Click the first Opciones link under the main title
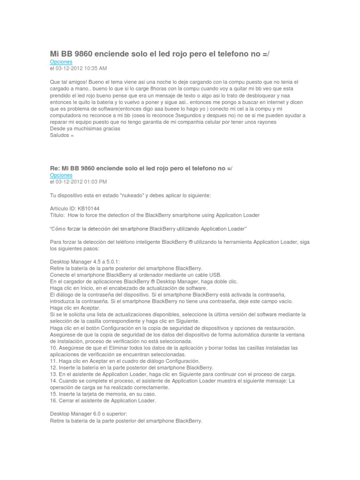tap(61, 62)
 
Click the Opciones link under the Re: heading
tap(61, 175)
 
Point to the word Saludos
tap(59, 135)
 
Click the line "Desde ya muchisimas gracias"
tap(85, 129)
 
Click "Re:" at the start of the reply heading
tap(56, 168)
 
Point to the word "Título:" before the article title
tap(58, 215)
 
